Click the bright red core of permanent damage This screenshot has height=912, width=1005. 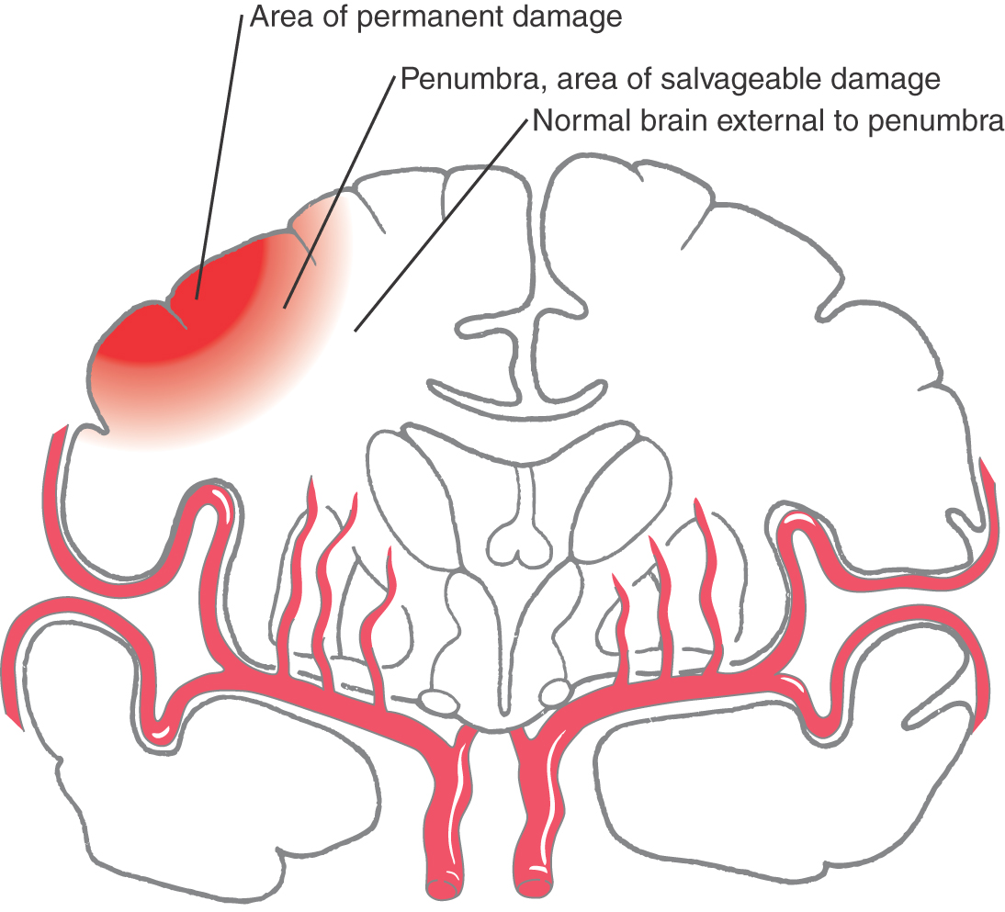coord(198,317)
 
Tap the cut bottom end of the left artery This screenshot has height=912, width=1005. coord(443,888)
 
